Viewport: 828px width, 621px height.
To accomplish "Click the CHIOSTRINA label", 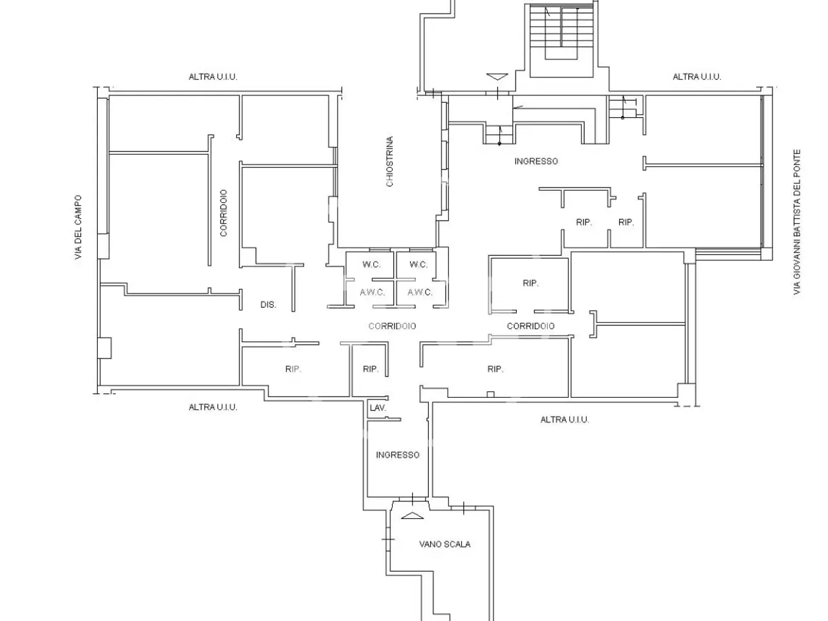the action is [389, 161].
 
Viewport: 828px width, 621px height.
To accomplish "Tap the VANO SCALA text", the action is [445, 544].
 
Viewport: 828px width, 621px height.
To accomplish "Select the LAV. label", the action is [378, 408].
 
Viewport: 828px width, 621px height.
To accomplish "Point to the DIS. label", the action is [268, 305].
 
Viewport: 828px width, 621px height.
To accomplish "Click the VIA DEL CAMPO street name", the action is [78, 227].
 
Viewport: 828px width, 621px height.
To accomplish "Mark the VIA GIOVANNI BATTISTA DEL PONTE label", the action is [797, 222].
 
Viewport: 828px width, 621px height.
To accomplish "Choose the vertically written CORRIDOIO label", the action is [224, 213].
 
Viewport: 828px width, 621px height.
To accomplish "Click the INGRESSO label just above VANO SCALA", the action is [398, 455].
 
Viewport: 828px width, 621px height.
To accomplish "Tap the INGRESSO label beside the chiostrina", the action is [536, 161].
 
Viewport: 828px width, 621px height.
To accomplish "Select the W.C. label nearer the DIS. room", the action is [371, 265].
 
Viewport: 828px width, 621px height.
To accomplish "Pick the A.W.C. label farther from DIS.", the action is [420, 292].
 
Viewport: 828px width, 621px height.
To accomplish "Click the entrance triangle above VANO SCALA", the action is [412, 516].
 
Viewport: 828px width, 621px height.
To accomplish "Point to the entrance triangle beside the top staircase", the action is [497, 76].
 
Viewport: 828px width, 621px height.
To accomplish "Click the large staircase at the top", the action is [561, 40].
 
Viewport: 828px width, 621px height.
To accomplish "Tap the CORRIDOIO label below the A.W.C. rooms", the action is [392, 326].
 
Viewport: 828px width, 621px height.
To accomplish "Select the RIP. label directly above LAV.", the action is [371, 369].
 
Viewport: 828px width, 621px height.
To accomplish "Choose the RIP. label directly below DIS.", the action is [293, 369].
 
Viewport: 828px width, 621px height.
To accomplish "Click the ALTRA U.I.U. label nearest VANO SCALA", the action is [565, 420].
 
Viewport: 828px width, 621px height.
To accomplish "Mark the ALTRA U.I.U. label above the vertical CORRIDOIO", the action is [213, 77].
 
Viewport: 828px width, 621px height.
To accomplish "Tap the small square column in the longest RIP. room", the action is [490, 395].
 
